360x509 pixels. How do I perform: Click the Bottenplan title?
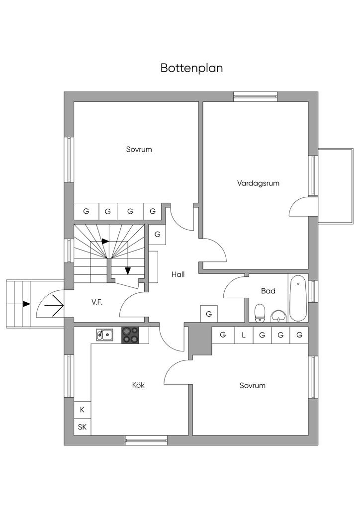(x=191, y=68)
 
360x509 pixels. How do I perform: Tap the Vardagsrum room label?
(x=258, y=183)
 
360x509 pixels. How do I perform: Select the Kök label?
(x=138, y=385)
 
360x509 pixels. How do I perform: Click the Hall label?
(x=178, y=274)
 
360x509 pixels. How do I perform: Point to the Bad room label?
(x=268, y=291)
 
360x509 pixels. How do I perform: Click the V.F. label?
(x=97, y=302)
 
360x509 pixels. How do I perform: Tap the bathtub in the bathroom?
(x=298, y=297)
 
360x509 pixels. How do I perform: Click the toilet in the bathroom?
(x=260, y=313)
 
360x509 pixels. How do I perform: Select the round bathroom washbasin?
(x=278, y=315)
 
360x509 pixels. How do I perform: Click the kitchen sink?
(x=105, y=335)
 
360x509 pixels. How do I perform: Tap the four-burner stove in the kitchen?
(x=131, y=335)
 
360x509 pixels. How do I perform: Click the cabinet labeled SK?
(x=82, y=427)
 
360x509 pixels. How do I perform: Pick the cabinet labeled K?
(x=82, y=410)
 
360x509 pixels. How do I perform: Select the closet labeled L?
(x=244, y=335)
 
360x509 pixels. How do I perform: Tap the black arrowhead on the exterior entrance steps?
(x=26, y=304)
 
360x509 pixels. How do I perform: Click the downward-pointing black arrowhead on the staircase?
(x=128, y=270)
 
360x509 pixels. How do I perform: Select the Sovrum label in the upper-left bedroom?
(x=139, y=149)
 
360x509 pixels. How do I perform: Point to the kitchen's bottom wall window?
(x=146, y=440)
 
